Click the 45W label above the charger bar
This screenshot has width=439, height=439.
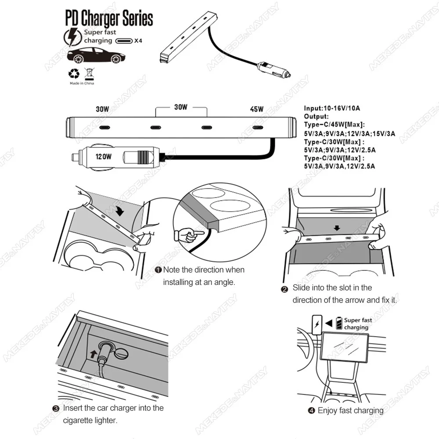[256, 109]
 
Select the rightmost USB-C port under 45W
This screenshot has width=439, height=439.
[258, 128]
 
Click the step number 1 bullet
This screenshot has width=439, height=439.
[158, 270]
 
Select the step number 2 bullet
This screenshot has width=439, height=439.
[284, 288]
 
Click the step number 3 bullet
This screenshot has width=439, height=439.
[56, 408]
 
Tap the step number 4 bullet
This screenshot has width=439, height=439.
[311, 411]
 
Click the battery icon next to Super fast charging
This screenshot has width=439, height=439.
[338, 324]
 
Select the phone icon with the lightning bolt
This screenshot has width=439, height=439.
[316, 324]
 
